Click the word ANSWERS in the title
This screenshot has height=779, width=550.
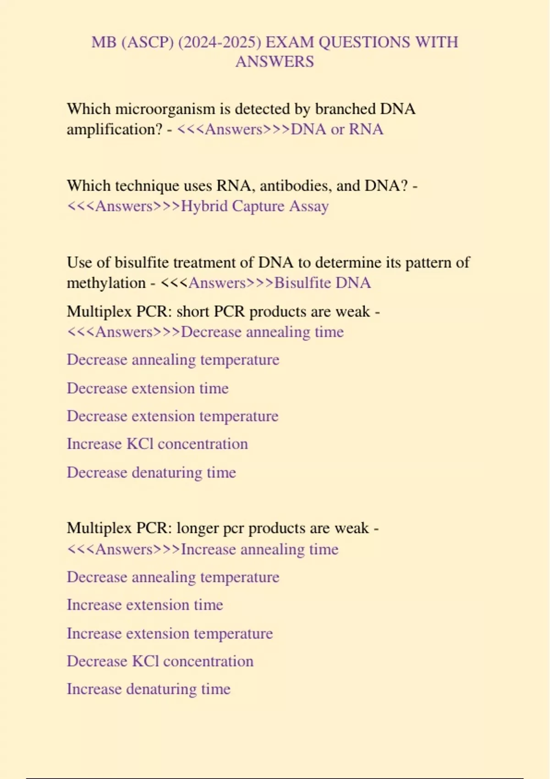pos(275,61)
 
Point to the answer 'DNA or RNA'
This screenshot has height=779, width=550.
pos(337,129)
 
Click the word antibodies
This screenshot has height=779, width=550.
pos(296,186)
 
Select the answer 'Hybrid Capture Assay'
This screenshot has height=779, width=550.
pos(255,206)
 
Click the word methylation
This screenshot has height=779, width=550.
pos(106,283)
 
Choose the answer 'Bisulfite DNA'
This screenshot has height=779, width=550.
pos(323,283)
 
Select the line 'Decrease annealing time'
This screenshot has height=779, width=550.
pos(262,332)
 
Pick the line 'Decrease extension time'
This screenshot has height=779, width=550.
pos(148,389)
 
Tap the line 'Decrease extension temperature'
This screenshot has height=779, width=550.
pos(172,416)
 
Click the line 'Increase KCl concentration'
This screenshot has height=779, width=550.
pos(157,444)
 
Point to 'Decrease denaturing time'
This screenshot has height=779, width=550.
pos(151,472)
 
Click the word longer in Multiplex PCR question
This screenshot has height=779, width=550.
pos(197,528)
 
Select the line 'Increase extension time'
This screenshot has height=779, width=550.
pos(145,605)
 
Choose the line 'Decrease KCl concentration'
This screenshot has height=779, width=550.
pos(160,661)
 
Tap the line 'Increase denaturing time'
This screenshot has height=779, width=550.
pos(148,689)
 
